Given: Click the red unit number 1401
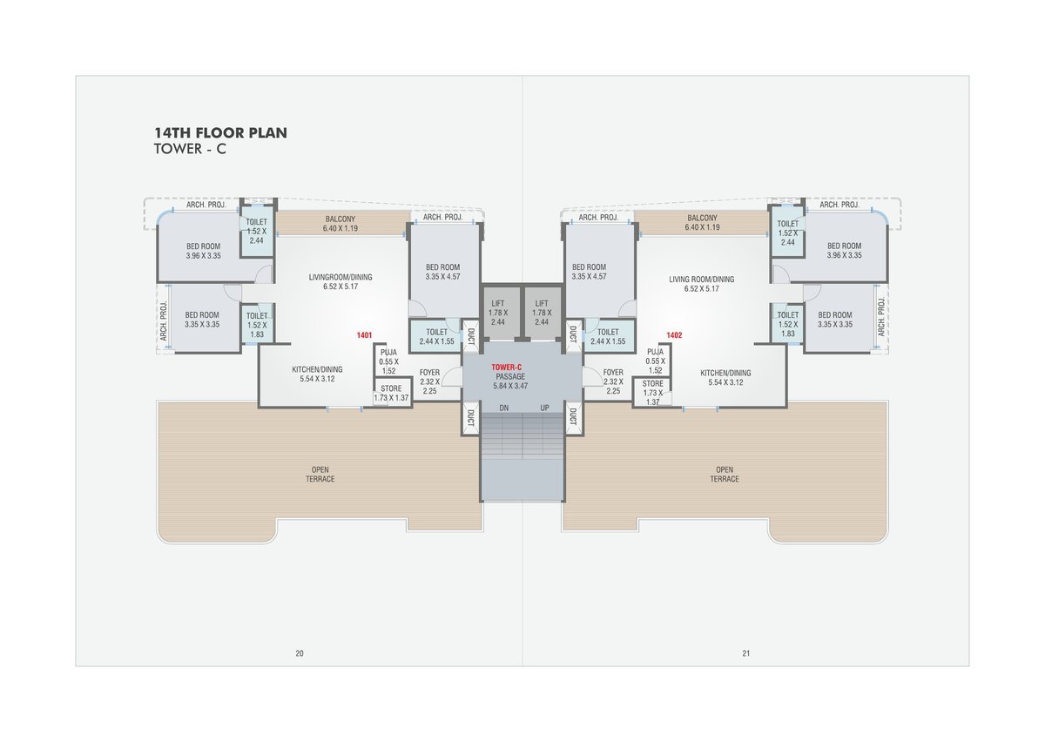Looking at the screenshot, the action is click(364, 335).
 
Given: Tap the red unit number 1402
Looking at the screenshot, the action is click(674, 335).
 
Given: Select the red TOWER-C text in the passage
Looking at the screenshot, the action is click(506, 368).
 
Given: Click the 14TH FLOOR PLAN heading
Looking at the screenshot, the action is click(220, 133).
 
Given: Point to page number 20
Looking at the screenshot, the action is click(300, 653).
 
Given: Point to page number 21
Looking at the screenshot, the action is click(746, 653).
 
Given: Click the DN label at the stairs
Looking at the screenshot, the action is click(504, 408).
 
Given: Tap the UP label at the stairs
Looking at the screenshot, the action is click(544, 408).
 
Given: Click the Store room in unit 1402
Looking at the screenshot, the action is click(652, 393).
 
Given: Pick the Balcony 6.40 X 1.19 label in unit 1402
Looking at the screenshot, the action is click(702, 223).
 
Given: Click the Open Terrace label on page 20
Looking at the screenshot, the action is click(320, 474).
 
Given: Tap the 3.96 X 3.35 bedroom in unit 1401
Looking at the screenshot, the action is click(204, 251).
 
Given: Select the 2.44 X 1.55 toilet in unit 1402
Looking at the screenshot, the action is click(608, 336).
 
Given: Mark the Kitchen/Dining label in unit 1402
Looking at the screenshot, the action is click(725, 378).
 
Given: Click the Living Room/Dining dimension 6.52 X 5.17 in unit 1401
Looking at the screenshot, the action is click(340, 287).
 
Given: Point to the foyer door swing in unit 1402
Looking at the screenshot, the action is click(591, 376).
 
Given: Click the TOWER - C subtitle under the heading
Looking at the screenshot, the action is click(190, 149).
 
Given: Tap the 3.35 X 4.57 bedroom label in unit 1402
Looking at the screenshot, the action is click(590, 272).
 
